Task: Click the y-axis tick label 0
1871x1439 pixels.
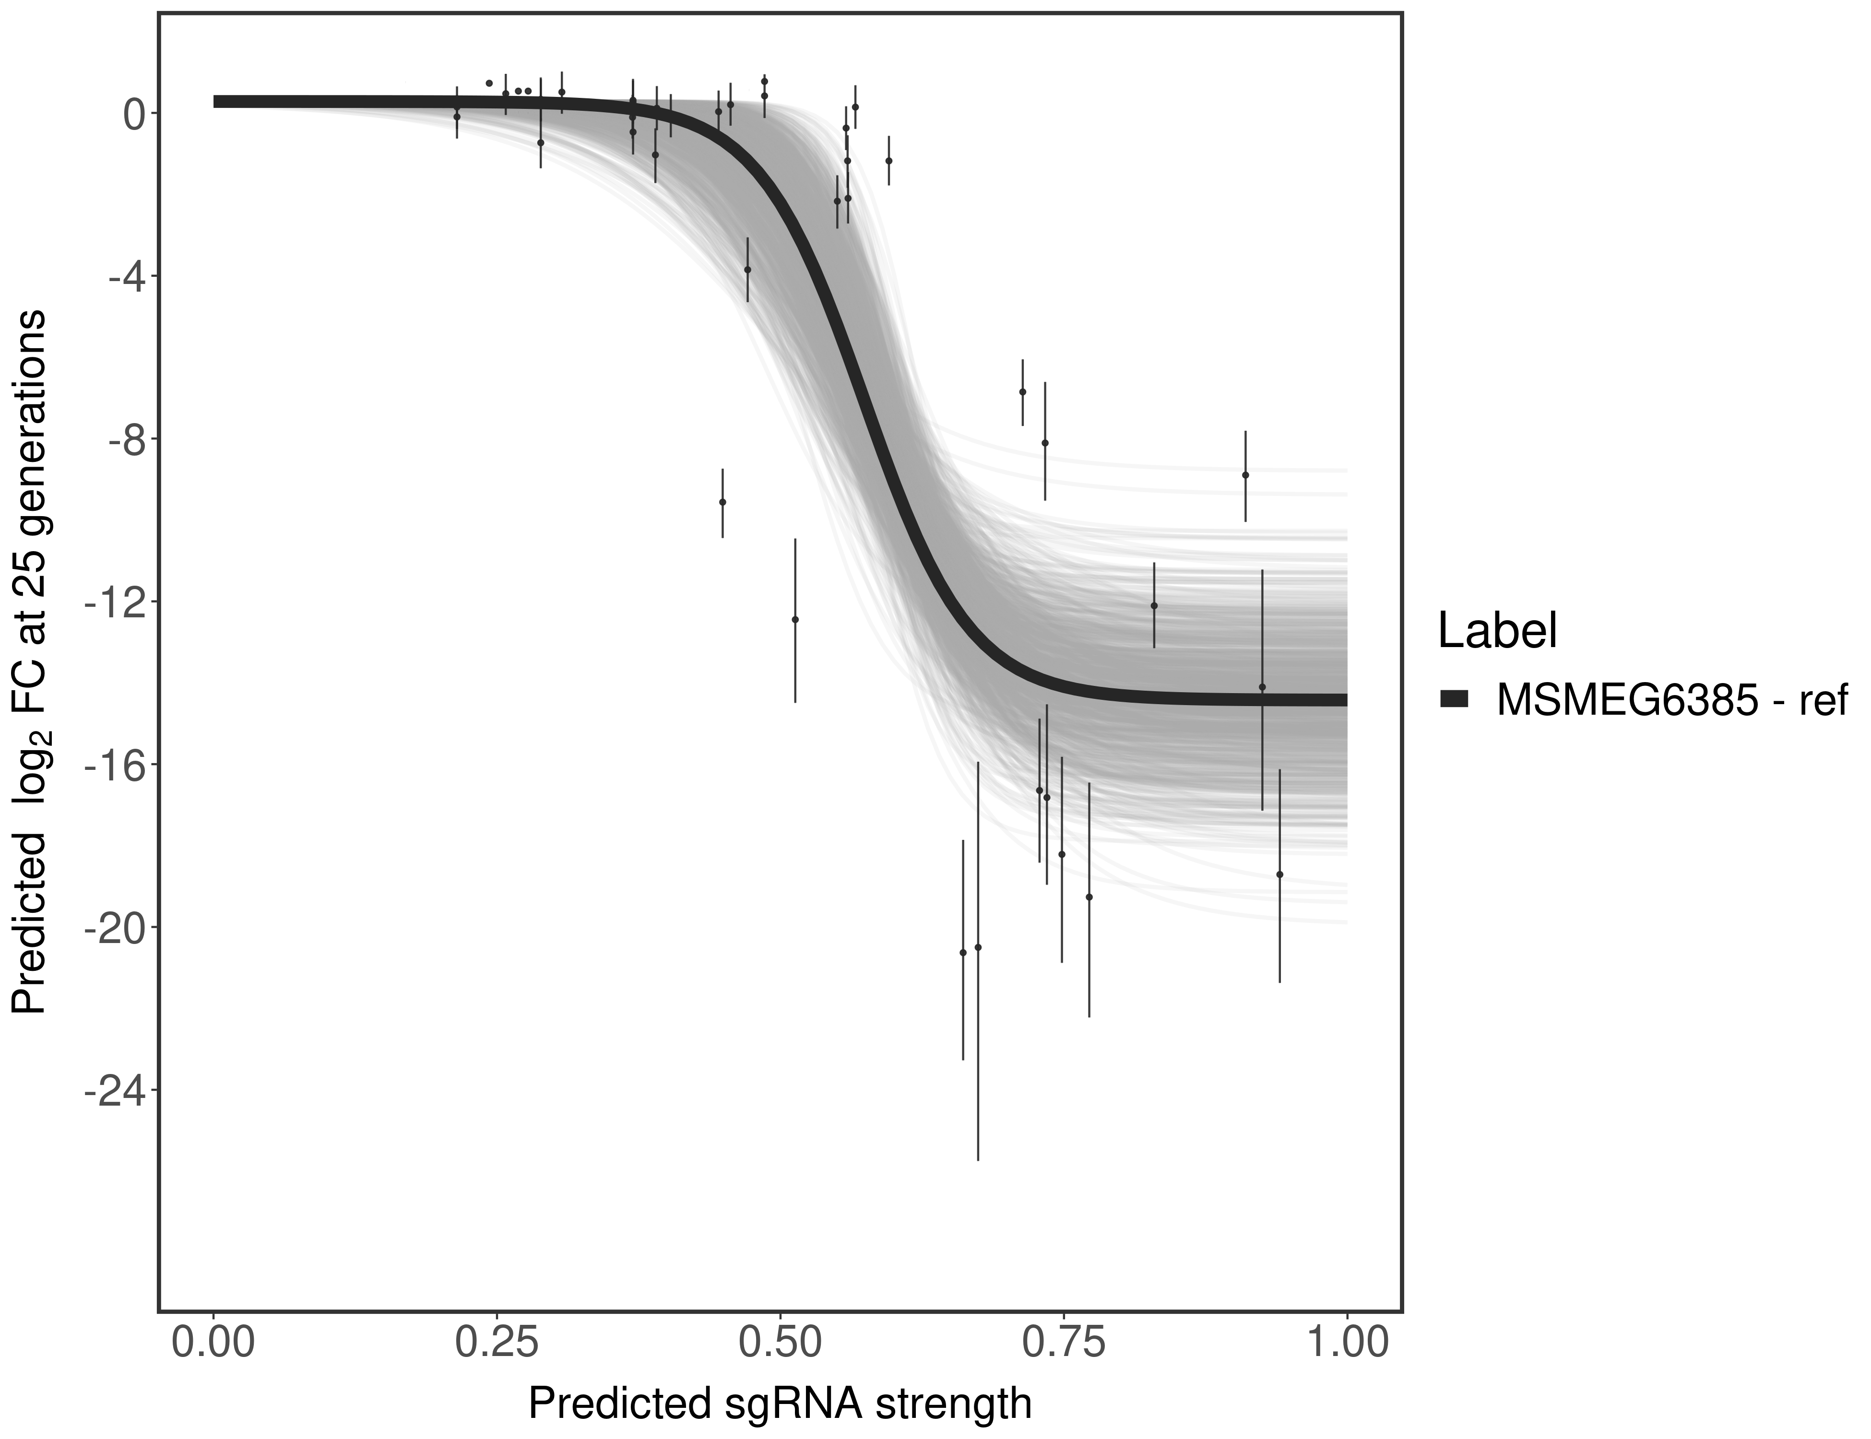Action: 134,114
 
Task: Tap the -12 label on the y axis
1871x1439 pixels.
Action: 111,602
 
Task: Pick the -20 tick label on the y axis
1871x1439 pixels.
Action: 111,928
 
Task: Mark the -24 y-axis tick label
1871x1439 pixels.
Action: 111,1090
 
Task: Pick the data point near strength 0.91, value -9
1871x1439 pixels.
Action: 1245,474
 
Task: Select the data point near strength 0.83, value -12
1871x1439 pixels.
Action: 1154,605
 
